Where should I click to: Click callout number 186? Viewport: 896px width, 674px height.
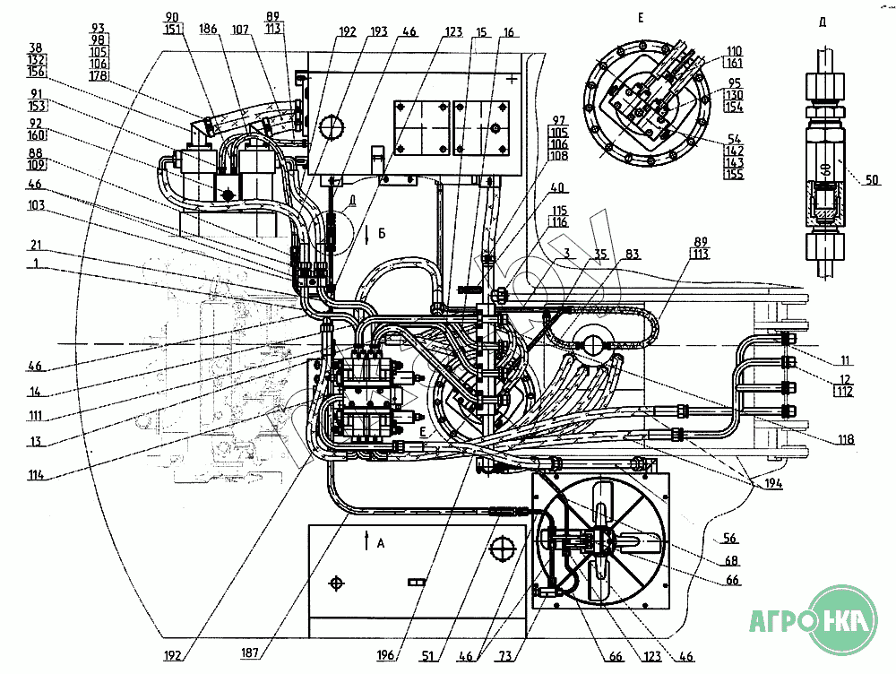(x=209, y=30)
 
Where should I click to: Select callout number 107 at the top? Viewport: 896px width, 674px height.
(x=240, y=30)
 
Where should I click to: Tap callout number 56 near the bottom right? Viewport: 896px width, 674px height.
(x=729, y=538)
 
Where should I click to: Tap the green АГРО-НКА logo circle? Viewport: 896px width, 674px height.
(x=840, y=619)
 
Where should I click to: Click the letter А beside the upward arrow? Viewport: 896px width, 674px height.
(x=381, y=542)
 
